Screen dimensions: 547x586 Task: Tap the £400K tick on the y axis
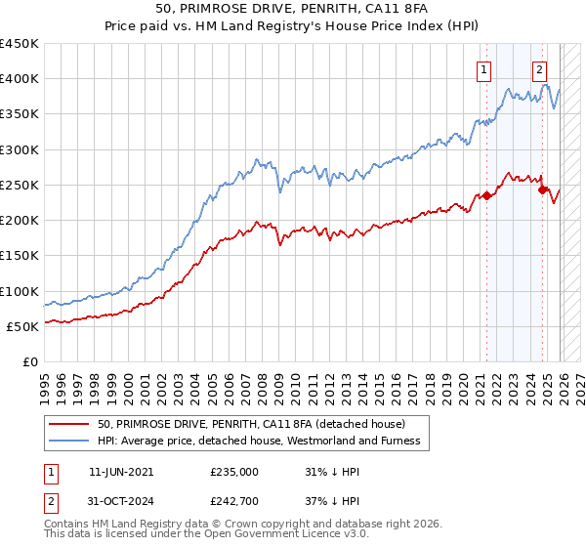[x=20, y=79]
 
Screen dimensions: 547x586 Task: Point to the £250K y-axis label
[x=20, y=185]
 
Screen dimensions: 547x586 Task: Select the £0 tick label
[x=29, y=361]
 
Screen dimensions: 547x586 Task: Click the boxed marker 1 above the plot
[x=485, y=69]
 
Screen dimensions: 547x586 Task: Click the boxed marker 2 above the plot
[x=539, y=69]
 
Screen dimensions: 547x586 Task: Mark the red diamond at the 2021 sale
[x=486, y=195]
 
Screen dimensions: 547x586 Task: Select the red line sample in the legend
[x=69, y=424]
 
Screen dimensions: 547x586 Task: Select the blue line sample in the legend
[x=69, y=442]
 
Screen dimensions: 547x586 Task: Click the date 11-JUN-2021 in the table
[x=120, y=471]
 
